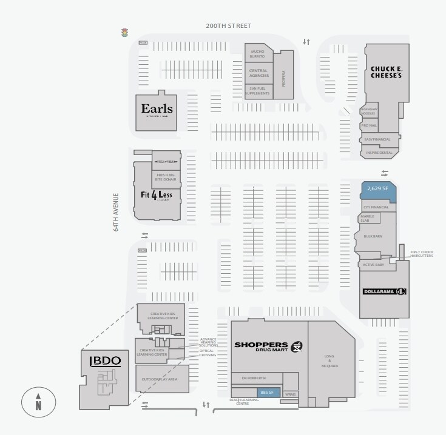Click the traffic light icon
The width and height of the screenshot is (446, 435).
pyautogui.click(x=125, y=33)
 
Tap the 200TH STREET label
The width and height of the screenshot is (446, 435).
pyautogui.click(x=228, y=26)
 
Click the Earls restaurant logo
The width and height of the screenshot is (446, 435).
pyautogui.click(x=157, y=110)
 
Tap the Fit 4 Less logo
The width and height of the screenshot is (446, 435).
pyautogui.click(x=157, y=195)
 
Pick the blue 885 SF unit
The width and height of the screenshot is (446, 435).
pyautogui.click(x=268, y=392)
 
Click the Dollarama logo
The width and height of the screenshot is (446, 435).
pyautogui.click(x=384, y=293)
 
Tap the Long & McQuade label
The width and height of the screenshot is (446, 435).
pyautogui.click(x=330, y=361)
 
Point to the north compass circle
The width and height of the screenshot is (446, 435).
pyautogui.click(x=38, y=402)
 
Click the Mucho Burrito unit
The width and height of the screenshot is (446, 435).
pyautogui.click(x=258, y=54)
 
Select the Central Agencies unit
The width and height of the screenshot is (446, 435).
pyautogui.click(x=258, y=73)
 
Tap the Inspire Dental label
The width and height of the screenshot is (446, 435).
pyautogui.click(x=380, y=153)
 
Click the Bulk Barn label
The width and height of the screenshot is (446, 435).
pyautogui.click(x=373, y=236)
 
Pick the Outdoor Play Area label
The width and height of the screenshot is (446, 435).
pyautogui.click(x=159, y=379)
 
